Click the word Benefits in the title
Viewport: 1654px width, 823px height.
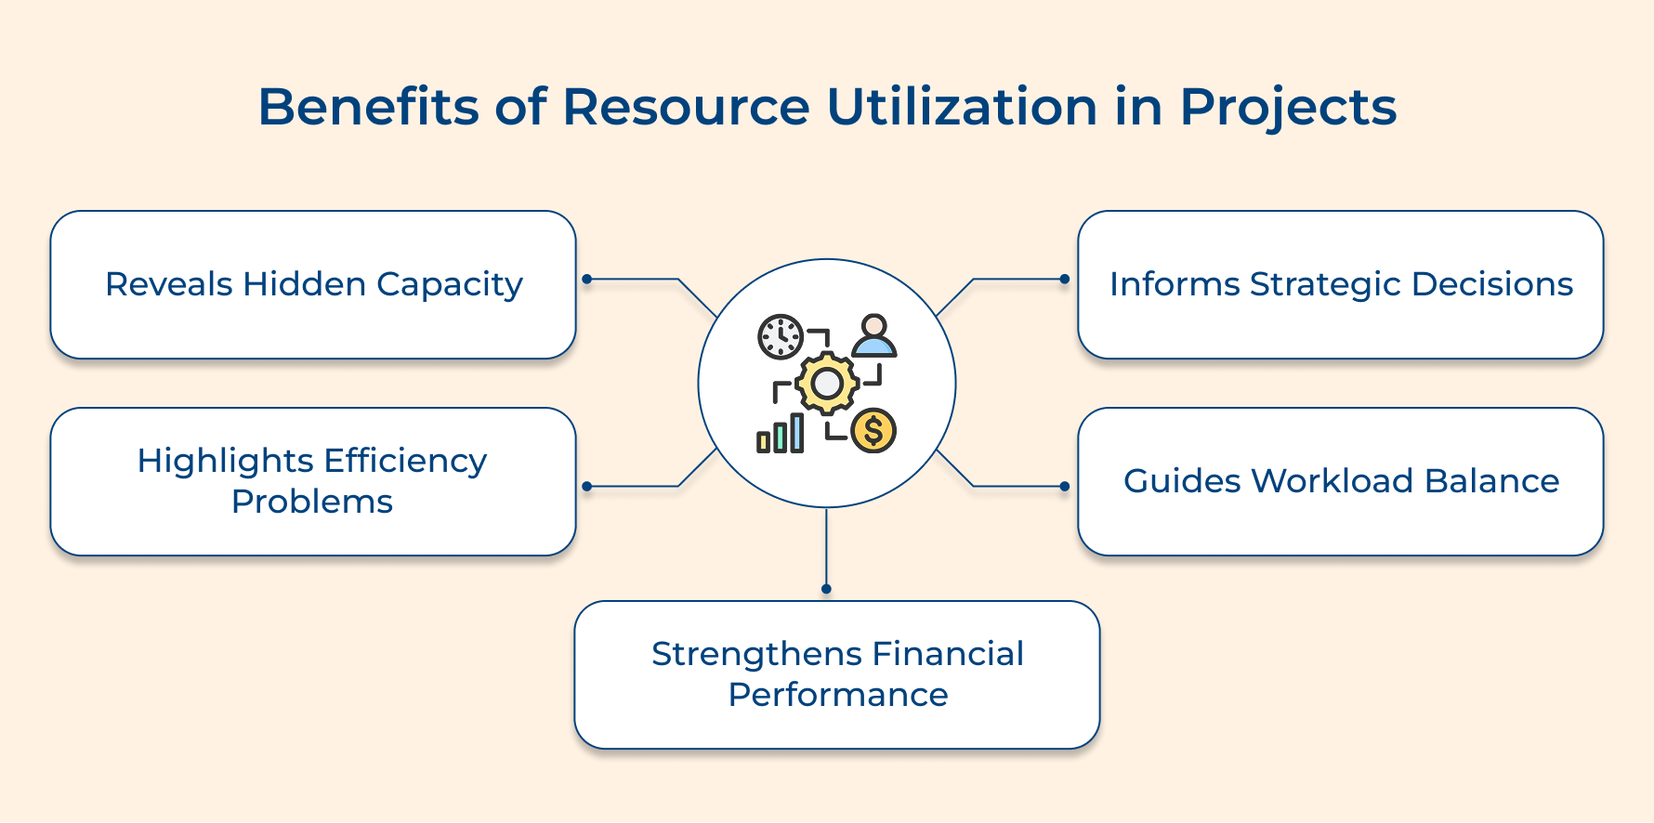tap(368, 107)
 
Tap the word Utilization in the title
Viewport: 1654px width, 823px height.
tap(962, 107)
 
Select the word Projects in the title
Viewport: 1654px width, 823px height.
tap(1288, 109)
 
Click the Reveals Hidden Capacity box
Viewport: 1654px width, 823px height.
tap(313, 284)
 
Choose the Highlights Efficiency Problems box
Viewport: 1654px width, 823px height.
tap(313, 481)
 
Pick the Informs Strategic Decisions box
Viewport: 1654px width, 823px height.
tap(1340, 284)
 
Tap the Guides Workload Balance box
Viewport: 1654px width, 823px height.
tap(1340, 481)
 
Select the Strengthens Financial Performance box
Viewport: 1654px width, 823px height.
tap(836, 674)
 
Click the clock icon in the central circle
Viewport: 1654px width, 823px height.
tap(780, 336)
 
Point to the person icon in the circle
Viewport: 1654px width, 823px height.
tap(873, 336)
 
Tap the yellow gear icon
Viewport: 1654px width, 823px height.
tap(826, 383)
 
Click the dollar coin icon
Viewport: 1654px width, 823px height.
tap(873, 431)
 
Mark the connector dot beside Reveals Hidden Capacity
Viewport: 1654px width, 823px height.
tap(586, 279)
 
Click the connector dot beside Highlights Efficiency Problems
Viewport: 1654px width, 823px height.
tap(586, 486)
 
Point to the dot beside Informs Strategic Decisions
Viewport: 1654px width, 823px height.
tap(1065, 279)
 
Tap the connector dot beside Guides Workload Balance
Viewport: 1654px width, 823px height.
tap(1065, 486)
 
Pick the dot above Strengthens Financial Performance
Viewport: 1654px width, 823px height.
tap(826, 589)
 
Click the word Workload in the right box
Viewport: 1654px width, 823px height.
tap(1332, 481)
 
